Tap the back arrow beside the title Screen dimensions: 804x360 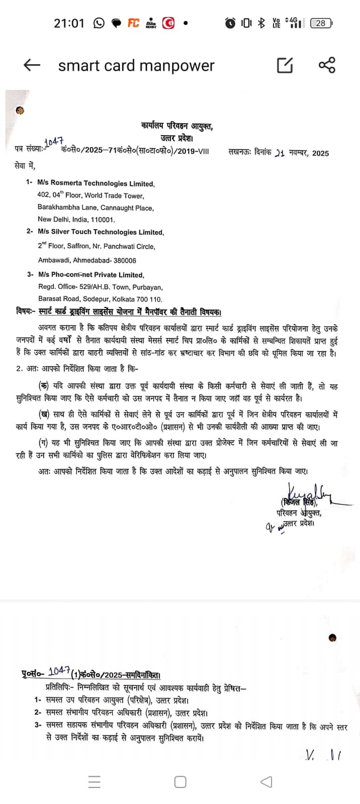(x=32, y=65)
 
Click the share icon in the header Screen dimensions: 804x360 (x=326, y=65)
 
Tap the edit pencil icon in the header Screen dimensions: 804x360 (x=285, y=65)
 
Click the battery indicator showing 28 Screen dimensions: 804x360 (x=321, y=23)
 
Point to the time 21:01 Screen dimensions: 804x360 (x=69, y=23)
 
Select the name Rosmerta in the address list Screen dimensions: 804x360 (x=65, y=184)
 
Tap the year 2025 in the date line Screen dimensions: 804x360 (x=321, y=153)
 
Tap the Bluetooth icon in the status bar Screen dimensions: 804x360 (x=261, y=23)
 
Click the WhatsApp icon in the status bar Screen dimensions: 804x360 (x=99, y=23)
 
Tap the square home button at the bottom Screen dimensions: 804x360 (x=180, y=782)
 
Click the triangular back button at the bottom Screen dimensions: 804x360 (x=266, y=782)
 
